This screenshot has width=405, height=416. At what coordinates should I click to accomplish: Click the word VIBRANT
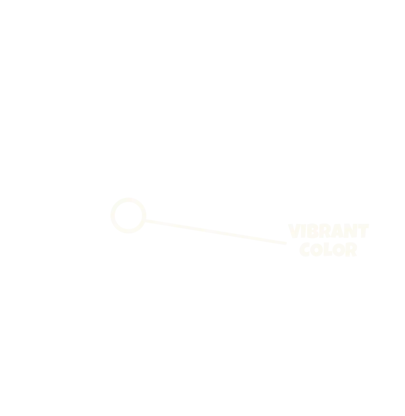tap(328, 231)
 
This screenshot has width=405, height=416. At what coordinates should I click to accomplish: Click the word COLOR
tap(328, 250)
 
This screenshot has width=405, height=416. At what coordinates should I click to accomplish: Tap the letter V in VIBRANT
tap(294, 231)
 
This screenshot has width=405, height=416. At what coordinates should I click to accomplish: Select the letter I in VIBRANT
tap(303, 231)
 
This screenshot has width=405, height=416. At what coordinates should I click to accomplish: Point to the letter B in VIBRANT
tap(313, 231)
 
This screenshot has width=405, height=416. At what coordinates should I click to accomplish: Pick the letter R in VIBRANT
tap(325, 231)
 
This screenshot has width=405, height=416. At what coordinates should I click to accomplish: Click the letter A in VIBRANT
tap(337, 231)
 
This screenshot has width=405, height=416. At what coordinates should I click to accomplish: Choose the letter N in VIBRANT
tap(351, 231)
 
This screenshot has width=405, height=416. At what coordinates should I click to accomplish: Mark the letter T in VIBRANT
tap(363, 231)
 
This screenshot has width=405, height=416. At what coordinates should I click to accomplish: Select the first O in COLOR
tap(316, 250)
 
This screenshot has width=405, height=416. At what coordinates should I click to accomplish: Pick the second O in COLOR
tap(339, 250)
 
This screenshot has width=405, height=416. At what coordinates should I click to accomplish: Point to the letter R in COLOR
tap(351, 250)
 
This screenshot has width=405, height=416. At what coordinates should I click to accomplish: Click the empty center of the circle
tap(128, 215)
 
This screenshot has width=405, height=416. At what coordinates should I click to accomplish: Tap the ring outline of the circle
tap(128, 199)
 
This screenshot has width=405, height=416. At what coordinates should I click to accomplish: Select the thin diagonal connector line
tap(216, 232)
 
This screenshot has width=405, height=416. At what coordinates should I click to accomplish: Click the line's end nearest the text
tap(286, 243)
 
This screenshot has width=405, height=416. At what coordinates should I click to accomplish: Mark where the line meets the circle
tap(145, 221)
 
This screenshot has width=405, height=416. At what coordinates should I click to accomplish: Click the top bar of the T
tap(363, 226)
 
